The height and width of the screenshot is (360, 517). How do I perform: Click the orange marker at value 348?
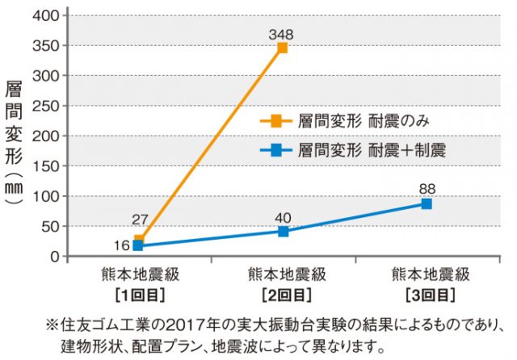[282, 48]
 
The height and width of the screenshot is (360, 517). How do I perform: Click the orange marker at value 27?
[140, 241]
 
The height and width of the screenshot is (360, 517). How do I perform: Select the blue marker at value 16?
[139, 246]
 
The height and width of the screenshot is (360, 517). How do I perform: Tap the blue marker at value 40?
[283, 232]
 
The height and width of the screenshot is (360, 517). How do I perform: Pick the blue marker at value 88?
[427, 203]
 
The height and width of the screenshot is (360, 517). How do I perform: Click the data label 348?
[282, 34]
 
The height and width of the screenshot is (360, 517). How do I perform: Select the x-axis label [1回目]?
[139, 292]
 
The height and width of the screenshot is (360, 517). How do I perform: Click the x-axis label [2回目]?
[283, 292]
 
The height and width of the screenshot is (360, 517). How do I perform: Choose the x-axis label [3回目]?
[427, 292]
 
